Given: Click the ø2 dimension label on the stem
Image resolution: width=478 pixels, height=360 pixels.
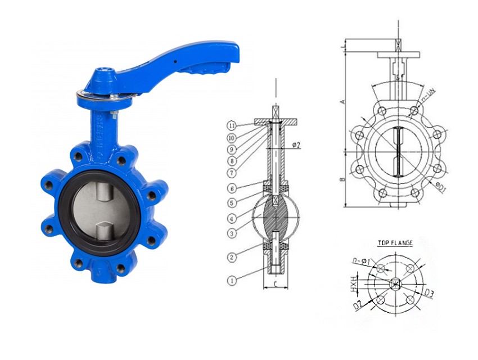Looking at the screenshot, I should (296, 145).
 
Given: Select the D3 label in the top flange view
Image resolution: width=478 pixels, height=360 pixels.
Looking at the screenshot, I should (429, 292).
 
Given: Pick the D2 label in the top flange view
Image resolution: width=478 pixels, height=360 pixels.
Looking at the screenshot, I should (357, 304).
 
